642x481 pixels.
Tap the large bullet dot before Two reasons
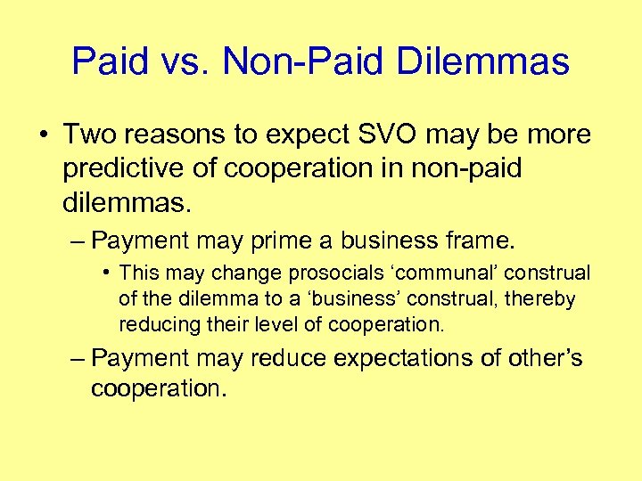[44, 135]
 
